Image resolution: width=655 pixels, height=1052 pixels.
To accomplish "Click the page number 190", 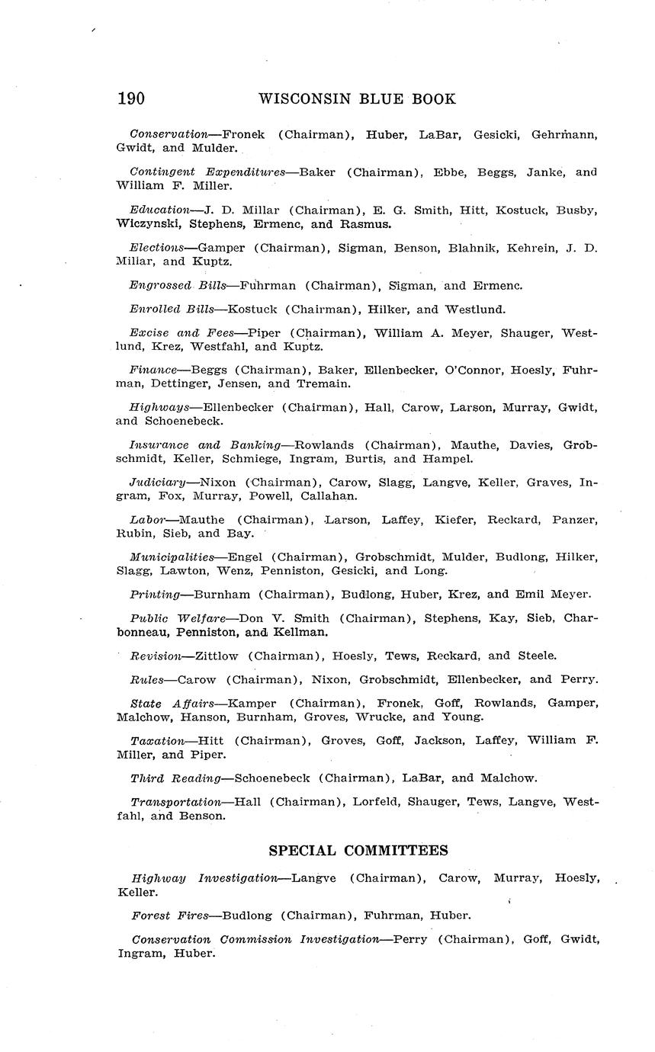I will click(131, 99).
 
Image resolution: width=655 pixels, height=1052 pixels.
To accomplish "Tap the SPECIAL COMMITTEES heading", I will click(358, 850).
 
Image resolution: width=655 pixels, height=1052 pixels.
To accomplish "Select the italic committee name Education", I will click(159, 210).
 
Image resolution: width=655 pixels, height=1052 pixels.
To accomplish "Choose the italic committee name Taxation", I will click(157, 740).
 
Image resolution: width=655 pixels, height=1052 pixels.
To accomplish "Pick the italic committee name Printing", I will click(155, 594).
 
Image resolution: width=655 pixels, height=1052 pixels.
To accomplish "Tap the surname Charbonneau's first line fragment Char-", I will click(581, 618).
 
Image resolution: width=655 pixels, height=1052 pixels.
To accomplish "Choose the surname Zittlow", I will click(217, 656).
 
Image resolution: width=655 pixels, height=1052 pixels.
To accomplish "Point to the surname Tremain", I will click(324, 383).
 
